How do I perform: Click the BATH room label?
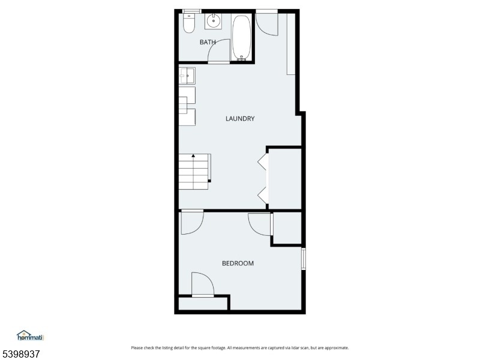pyautogui.click(x=208, y=42)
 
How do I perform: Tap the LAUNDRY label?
pyautogui.click(x=240, y=119)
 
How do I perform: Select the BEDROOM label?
pyautogui.click(x=238, y=263)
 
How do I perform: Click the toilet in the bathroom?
pyautogui.click(x=189, y=23)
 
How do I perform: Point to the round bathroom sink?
pyautogui.click(x=214, y=22)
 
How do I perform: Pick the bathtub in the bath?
pyautogui.click(x=242, y=37)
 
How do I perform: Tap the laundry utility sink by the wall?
pyautogui.click(x=187, y=76)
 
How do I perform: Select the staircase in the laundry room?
pyautogui.click(x=194, y=172)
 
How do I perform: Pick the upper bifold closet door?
pyautogui.click(x=263, y=161)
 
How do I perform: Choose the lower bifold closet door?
pyautogui.click(x=263, y=196)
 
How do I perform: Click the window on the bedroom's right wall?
pyautogui.click(x=304, y=259)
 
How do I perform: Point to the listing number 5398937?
pyautogui.click(x=20, y=354)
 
